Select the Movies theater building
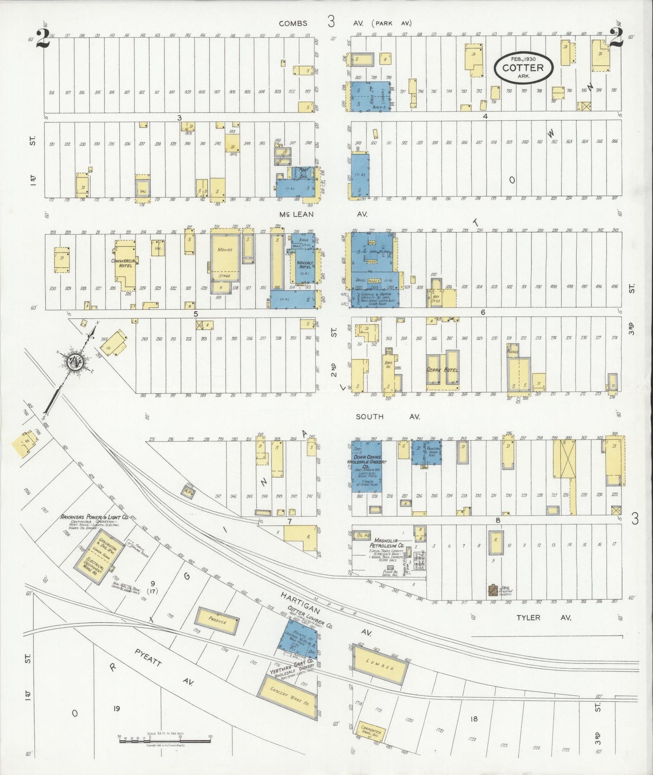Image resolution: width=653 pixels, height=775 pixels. point(225,255)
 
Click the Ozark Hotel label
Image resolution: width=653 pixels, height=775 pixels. point(443,370)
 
